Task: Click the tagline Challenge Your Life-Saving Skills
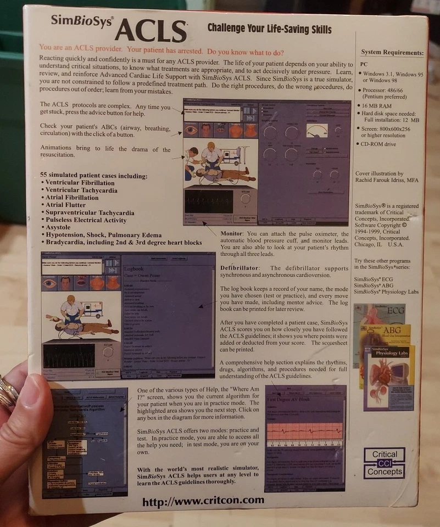(269, 28)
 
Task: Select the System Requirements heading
(392, 53)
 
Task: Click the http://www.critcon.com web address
(203, 501)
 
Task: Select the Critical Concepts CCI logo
(384, 463)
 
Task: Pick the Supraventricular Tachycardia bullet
(87, 212)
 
